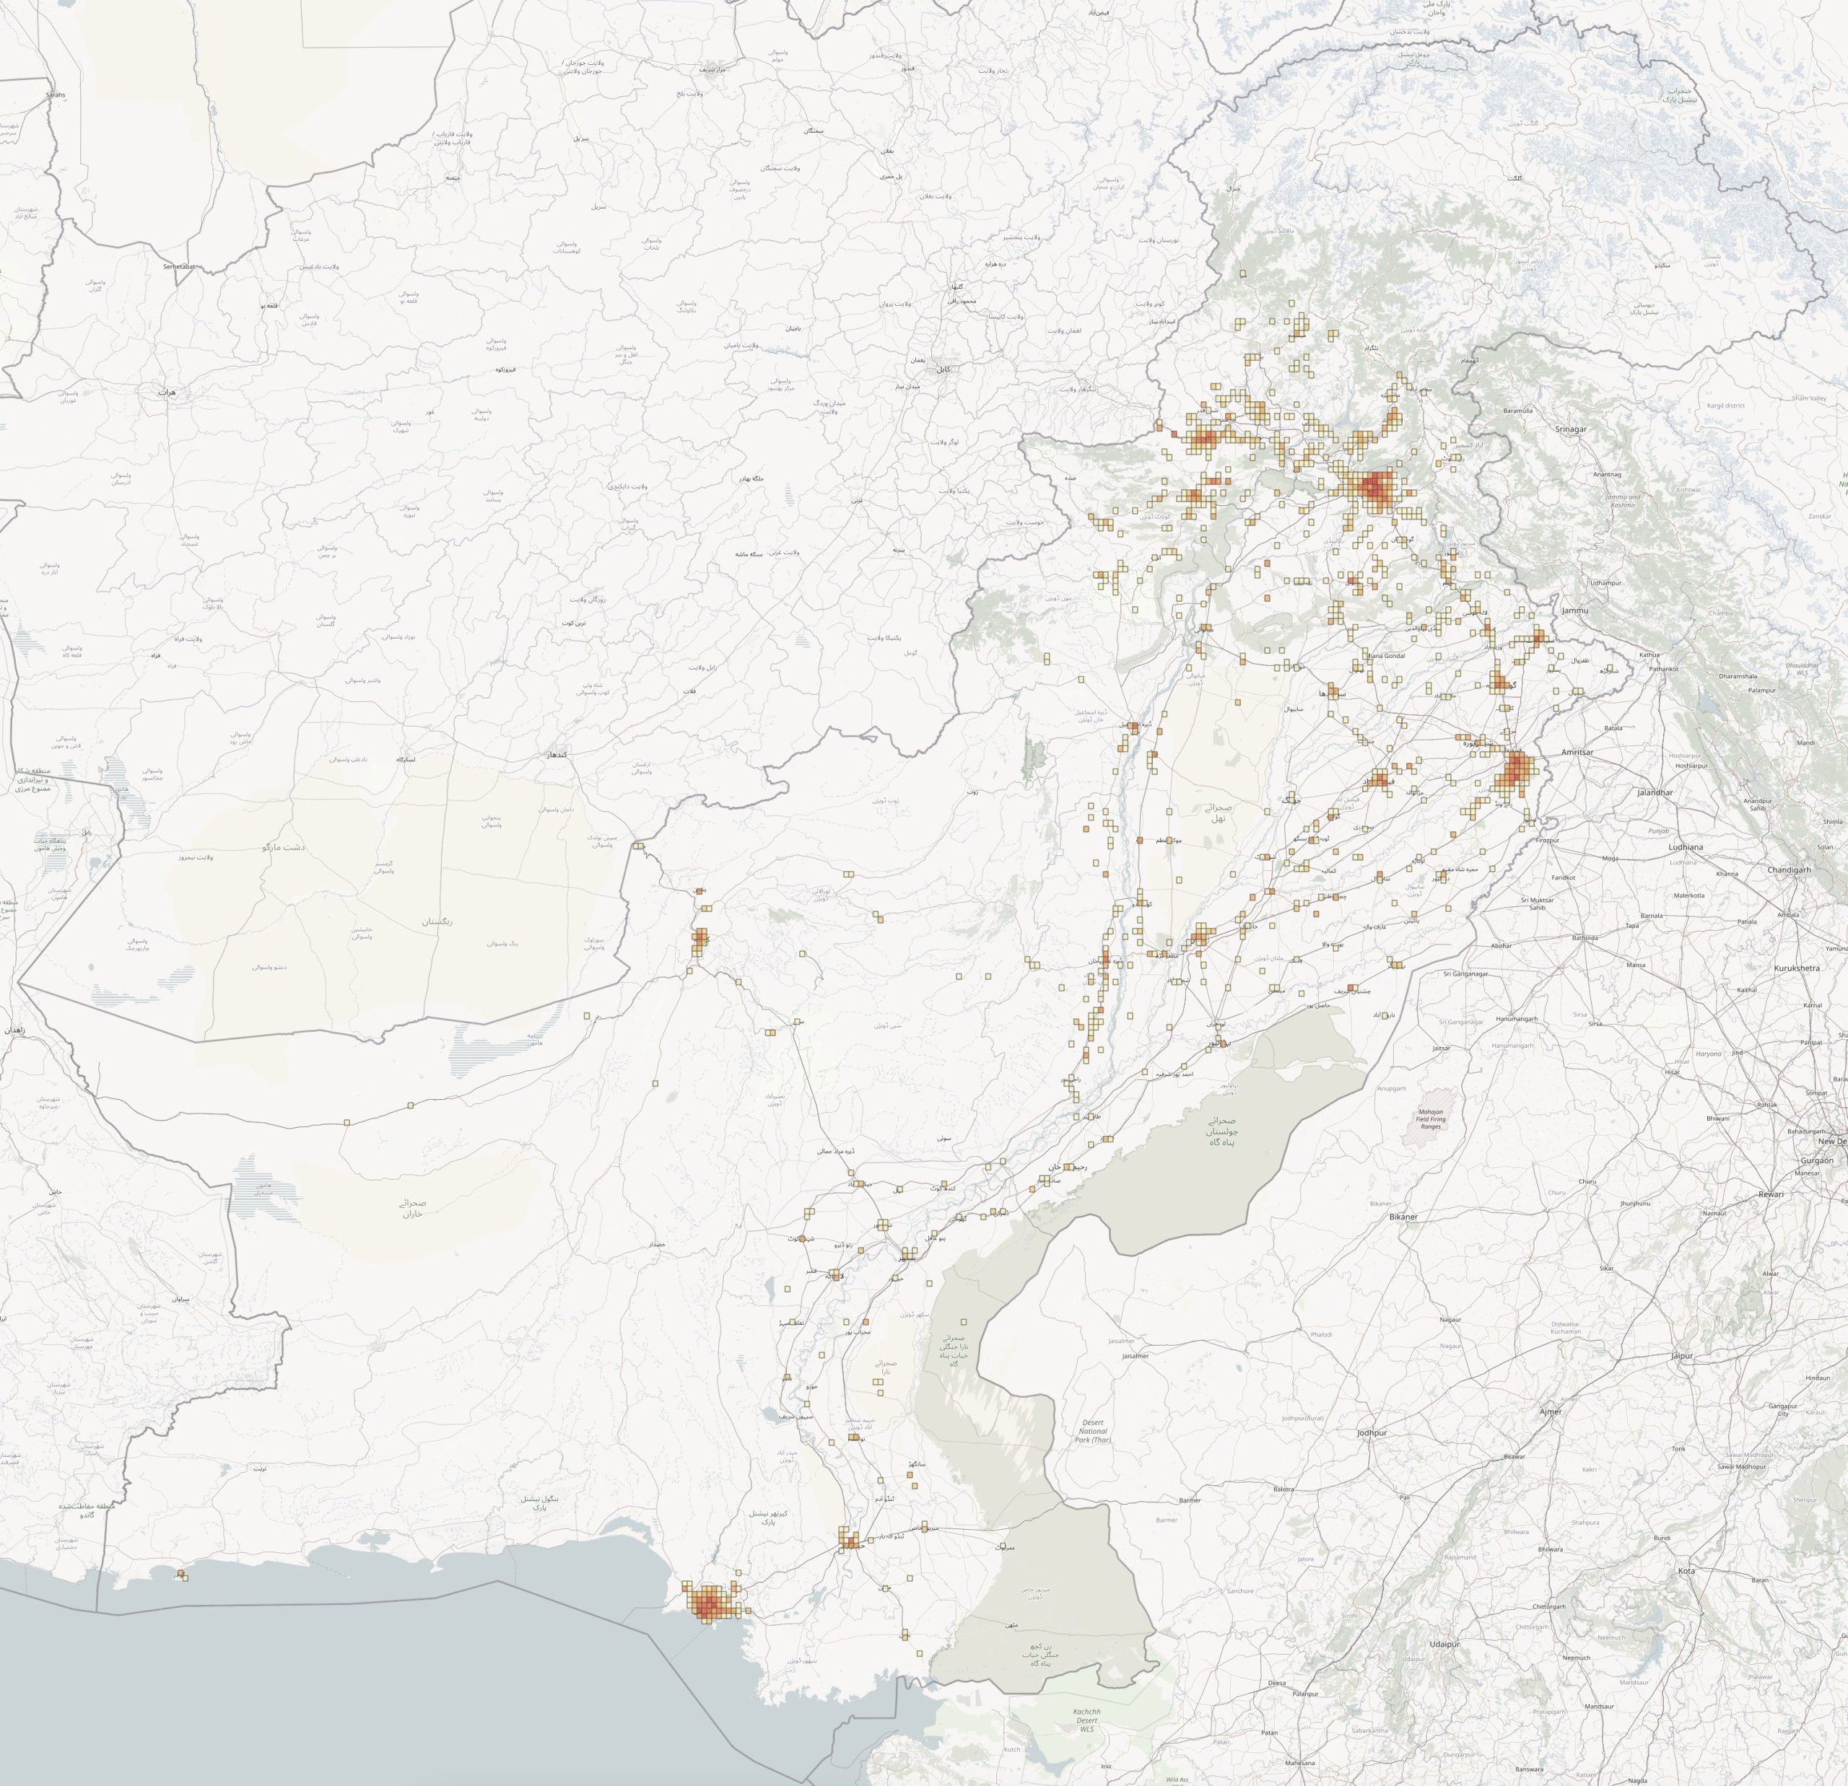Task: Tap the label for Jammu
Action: click(x=1574, y=610)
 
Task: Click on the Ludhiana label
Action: click(x=1686, y=847)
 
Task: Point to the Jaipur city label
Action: click(x=1681, y=1355)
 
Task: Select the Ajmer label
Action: click(x=1550, y=1411)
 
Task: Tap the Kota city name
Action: click(x=1686, y=1571)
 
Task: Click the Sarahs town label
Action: click(x=56, y=95)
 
